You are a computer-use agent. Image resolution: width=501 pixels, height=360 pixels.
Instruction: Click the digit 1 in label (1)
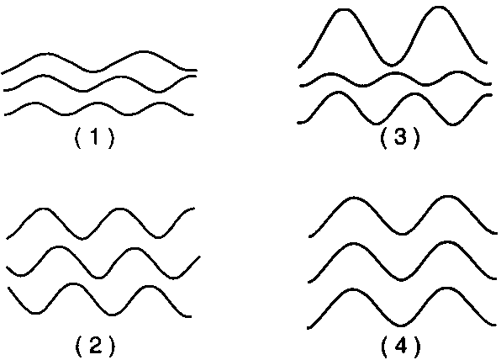pyautogui.click(x=95, y=137)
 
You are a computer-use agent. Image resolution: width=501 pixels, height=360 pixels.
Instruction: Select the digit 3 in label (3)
pyautogui.click(x=400, y=137)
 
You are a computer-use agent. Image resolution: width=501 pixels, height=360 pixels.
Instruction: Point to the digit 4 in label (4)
pyautogui.click(x=401, y=347)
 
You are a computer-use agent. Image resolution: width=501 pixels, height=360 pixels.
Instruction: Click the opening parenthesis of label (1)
pyautogui.click(x=77, y=138)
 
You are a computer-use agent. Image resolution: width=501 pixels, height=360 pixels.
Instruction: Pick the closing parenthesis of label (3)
pyautogui.click(x=416, y=137)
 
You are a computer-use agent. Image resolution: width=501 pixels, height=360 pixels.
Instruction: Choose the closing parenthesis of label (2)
pyautogui.click(x=111, y=347)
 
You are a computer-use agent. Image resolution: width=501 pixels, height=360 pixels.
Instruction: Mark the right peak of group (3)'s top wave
pyautogui.click(x=439, y=8)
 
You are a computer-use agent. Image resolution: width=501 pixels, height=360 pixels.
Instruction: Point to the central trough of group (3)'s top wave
pyautogui.click(x=392, y=65)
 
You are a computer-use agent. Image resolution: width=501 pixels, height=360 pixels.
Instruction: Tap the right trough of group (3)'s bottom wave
pyautogui.click(x=452, y=124)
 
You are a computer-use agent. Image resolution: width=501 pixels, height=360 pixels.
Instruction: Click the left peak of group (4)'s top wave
pyautogui.click(x=354, y=199)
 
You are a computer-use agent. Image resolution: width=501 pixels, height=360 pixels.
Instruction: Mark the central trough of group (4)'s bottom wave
pyautogui.click(x=401, y=326)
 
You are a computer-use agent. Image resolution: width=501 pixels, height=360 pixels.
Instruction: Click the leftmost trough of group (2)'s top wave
pyautogui.click(x=82, y=238)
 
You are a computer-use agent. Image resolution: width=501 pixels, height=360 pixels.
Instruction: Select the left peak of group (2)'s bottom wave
pyautogui.click(x=73, y=284)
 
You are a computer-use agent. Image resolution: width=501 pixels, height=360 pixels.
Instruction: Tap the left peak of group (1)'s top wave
pyautogui.click(x=47, y=54)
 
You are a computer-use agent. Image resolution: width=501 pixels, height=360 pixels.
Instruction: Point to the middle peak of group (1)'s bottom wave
pyautogui.click(x=97, y=103)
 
